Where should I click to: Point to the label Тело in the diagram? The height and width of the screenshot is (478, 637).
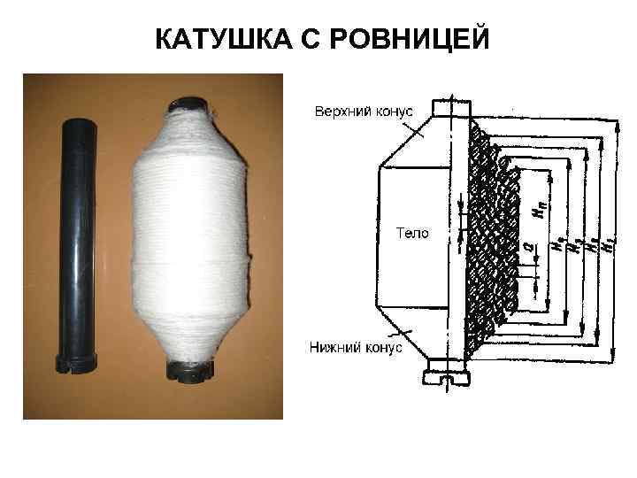tap(411, 233)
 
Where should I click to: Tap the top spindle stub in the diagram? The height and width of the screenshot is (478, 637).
tap(449, 105)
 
